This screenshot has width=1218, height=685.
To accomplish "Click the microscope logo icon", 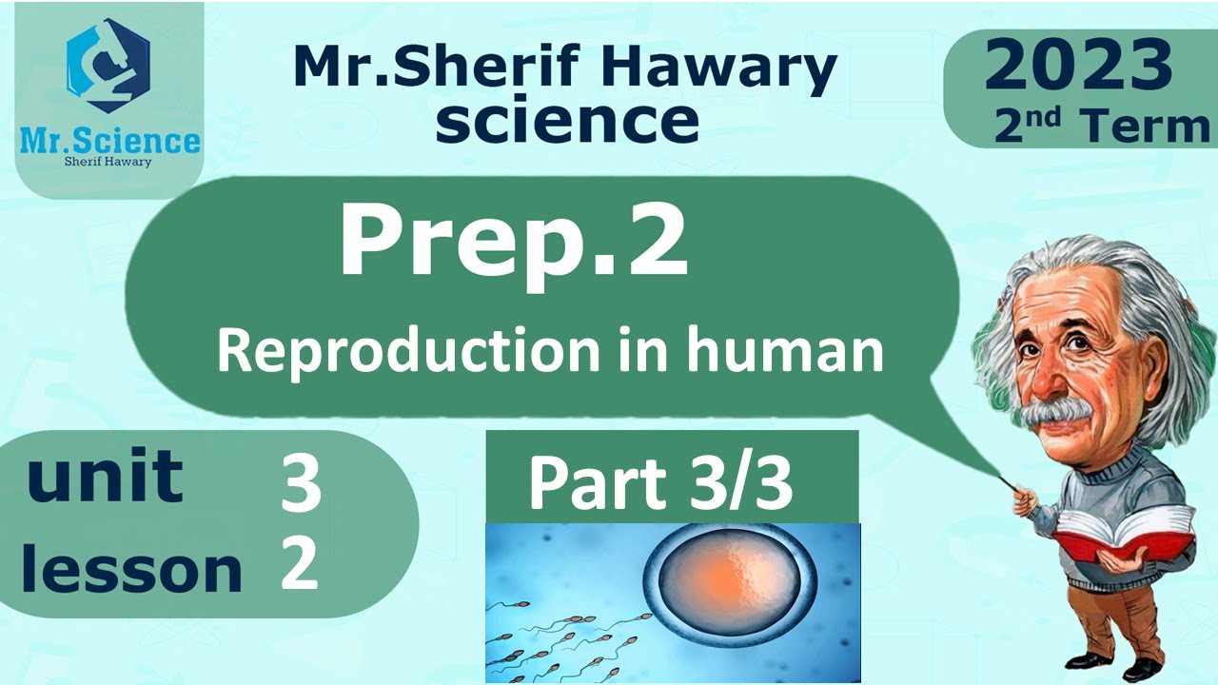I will (108, 67).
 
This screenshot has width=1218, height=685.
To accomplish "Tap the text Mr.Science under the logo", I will (110, 142).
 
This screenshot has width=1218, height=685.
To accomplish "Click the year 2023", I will (1078, 68).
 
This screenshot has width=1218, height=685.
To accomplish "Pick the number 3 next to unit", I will (301, 482).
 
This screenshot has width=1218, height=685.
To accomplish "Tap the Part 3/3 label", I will (660, 482).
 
